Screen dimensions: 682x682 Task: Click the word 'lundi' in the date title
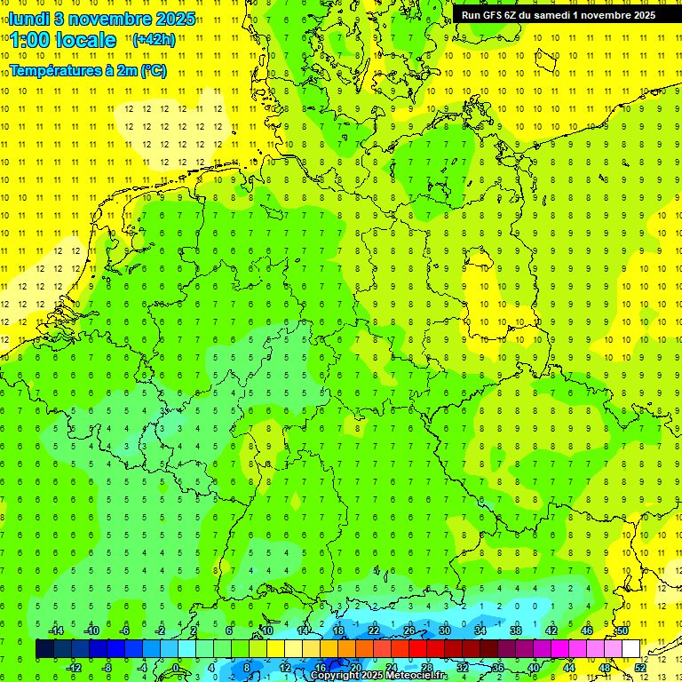click(x=29, y=19)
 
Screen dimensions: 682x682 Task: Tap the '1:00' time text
click(x=30, y=40)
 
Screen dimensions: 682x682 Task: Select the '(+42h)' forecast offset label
click(x=154, y=39)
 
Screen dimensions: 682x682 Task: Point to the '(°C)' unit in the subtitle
click(x=153, y=70)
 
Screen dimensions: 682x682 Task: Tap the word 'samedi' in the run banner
click(x=552, y=15)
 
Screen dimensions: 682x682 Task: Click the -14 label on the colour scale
click(x=56, y=630)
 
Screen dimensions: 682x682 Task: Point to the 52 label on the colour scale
click(x=640, y=667)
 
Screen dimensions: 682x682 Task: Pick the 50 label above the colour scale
click(x=623, y=630)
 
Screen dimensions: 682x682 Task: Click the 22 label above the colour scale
click(x=374, y=630)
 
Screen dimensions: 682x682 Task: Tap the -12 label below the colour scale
click(x=74, y=667)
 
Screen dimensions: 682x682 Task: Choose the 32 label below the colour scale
click(x=463, y=667)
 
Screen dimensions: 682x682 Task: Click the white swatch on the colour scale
click(x=631, y=649)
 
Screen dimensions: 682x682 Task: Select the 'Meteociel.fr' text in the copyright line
click(x=416, y=676)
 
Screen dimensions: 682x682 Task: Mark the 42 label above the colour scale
click(x=551, y=630)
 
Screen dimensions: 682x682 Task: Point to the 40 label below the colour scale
click(x=534, y=667)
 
